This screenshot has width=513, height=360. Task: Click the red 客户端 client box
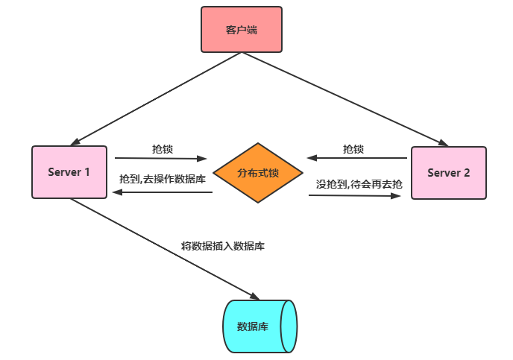point(242,30)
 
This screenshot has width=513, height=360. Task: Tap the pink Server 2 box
point(448,173)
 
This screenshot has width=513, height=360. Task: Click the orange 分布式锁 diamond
point(258,173)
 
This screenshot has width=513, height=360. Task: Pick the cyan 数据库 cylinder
point(259,326)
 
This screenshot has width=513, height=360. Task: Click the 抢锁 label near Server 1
point(162,149)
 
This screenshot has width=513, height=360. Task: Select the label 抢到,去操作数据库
point(162,180)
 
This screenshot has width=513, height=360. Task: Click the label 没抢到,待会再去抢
point(359,183)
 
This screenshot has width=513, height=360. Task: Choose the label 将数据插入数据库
point(222,245)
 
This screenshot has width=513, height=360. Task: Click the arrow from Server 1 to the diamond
point(160,158)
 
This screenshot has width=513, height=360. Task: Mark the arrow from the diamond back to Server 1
point(162,192)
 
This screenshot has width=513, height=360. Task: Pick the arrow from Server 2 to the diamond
point(358,158)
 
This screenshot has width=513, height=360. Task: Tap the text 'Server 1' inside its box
point(69,172)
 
